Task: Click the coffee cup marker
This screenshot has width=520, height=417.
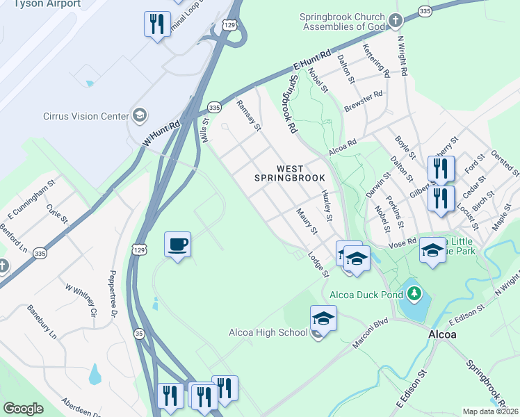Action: [177, 245]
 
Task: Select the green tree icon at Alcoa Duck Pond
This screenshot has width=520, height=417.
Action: [414, 293]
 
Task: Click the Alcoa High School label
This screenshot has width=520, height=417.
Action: [268, 332]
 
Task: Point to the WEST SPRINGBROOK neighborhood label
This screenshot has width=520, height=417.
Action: [291, 173]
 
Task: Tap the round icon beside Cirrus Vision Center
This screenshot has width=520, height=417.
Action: [140, 115]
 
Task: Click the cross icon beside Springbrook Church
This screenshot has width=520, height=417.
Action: [396, 20]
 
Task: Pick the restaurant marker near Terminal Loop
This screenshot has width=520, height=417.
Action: [157, 25]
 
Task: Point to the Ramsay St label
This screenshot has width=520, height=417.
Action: [249, 115]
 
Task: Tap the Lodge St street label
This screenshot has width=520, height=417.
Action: [318, 263]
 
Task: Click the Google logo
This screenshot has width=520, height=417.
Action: [24, 408]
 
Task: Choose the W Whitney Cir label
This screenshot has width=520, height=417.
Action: [80, 300]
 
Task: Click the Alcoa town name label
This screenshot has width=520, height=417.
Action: [442, 334]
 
